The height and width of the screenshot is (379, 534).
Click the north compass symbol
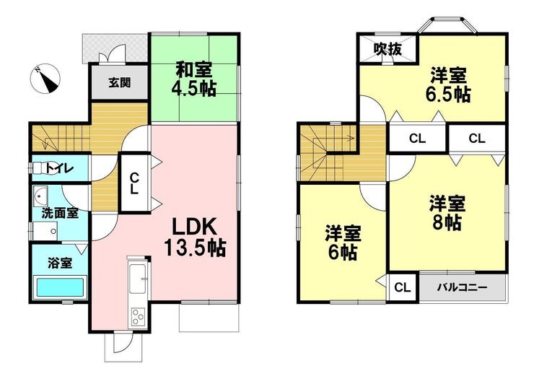(45, 79)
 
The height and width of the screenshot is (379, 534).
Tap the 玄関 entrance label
(120, 82)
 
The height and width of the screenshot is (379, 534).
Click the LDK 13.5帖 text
(194, 238)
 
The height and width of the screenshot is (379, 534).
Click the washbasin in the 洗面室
(40, 196)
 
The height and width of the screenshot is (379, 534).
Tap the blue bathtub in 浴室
(60, 287)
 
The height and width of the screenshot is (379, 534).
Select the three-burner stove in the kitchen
(138, 317)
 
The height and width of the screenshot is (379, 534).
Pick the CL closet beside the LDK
(135, 183)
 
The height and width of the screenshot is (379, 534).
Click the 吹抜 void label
(388, 49)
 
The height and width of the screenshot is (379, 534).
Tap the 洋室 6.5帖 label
(448, 84)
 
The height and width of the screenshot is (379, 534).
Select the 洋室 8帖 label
(447, 213)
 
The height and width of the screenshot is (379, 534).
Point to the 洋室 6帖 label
(343, 243)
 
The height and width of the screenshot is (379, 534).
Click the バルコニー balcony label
(462, 287)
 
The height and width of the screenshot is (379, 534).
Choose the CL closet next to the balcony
(403, 287)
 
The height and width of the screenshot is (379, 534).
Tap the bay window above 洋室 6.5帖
(447, 26)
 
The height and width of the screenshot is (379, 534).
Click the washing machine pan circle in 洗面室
(53, 232)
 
